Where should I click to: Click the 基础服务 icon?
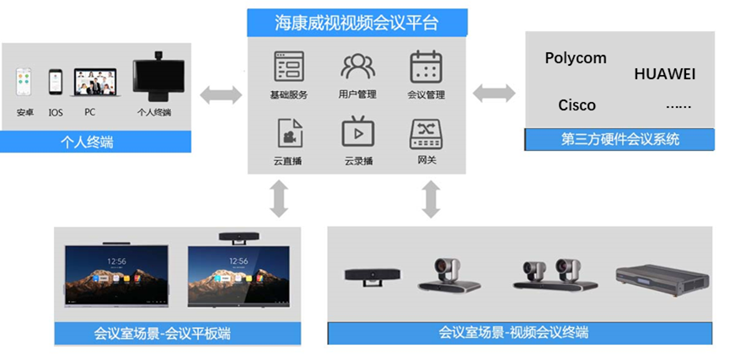(x=289, y=66)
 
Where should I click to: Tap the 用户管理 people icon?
(x=357, y=66)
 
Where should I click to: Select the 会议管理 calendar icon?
(x=426, y=66)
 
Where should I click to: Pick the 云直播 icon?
(x=289, y=132)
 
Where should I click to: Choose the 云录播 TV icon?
(x=357, y=132)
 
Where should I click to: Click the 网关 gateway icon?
(x=426, y=132)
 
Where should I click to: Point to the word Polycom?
(x=576, y=58)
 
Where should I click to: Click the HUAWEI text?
(x=664, y=74)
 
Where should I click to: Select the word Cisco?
(x=576, y=105)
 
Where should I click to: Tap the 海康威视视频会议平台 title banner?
(x=357, y=23)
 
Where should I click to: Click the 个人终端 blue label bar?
(x=97, y=142)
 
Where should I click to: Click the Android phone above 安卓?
(x=24, y=84)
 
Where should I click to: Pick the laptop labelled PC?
(x=92, y=84)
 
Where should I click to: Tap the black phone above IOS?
(x=56, y=84)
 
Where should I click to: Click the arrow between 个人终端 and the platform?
(x=220, y=94)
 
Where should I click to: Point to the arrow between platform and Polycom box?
(x=494, y=94)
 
